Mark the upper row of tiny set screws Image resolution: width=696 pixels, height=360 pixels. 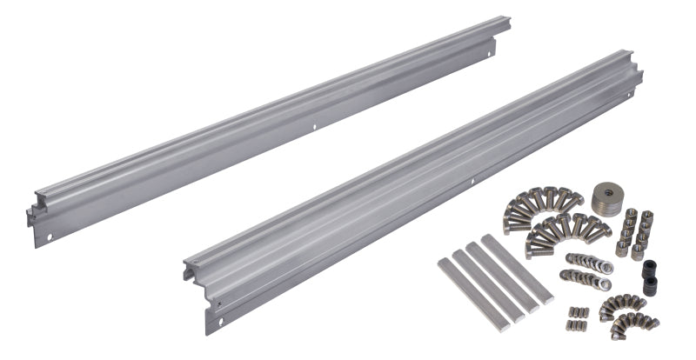(x=579, y=309)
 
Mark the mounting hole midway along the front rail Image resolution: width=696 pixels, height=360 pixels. (x=471, y=182)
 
